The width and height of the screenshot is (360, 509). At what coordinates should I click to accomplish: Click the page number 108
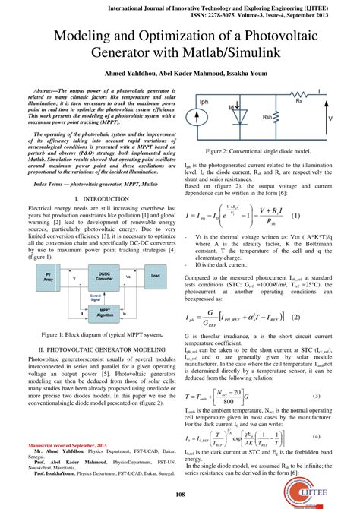click(180, 495)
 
